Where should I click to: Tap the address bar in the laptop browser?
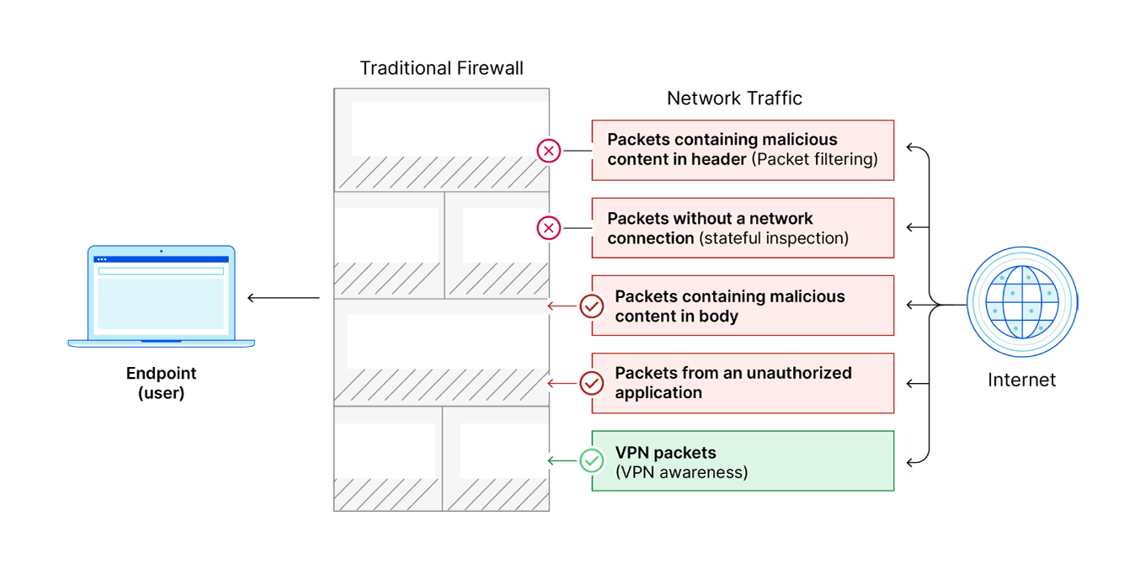pos(161,271)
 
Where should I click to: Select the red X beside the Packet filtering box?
pos(549,152)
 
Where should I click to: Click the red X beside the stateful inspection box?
pos(549,228)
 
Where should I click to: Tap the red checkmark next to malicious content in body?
pos(593,306)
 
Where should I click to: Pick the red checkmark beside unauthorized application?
pos(593,384)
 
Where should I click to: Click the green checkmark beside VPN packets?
pos(593,460)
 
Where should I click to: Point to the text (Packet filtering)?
pos(813,159)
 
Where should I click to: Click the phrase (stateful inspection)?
pos(773,238)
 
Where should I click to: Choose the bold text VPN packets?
pos(665,452)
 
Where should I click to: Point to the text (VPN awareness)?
pos(682,472)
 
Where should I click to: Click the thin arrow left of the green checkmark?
pos(562,460)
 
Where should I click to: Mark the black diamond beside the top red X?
pos(575,152)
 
